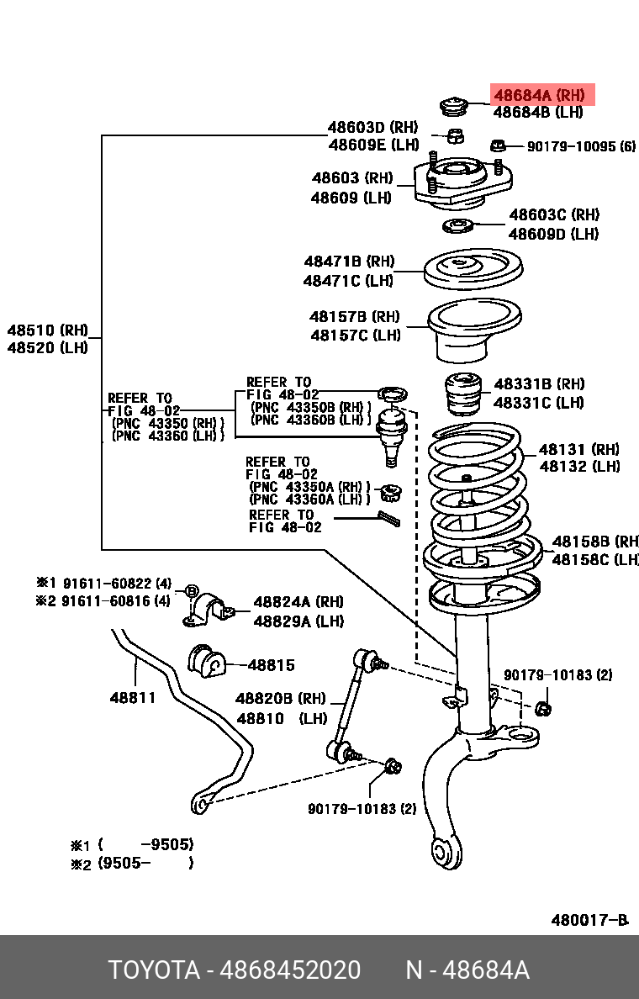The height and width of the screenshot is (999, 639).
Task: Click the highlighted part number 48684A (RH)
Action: coord(538,95)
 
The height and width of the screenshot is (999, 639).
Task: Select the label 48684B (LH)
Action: coord(538,112)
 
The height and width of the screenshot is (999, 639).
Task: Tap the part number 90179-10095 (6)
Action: coord(581,146)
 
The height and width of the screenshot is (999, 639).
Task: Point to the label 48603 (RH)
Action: coord(352,178)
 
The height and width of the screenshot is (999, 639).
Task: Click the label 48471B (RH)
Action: coord(349,262)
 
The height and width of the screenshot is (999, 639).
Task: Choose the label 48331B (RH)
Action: coord(539,383)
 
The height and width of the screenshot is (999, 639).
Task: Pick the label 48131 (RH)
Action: coord(579,450)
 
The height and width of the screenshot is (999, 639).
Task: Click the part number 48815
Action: coord(271,665)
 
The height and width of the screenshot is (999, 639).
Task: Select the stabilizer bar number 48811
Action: coord(133,697)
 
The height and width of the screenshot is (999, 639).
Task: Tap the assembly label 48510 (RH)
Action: coord(47,330)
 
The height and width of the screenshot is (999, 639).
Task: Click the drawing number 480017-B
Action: coord(589,920)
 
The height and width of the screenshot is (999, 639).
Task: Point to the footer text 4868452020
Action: coord(290,970)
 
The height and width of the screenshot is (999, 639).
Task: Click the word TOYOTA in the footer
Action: coord(153,970)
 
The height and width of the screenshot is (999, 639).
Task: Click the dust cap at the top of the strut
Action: coord(453,106)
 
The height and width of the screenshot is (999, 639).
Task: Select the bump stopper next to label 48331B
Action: coord(461,394)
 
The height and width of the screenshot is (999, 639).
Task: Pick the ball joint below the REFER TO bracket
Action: coord(390,431)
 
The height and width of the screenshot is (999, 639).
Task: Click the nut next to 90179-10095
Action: coord(498,145)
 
